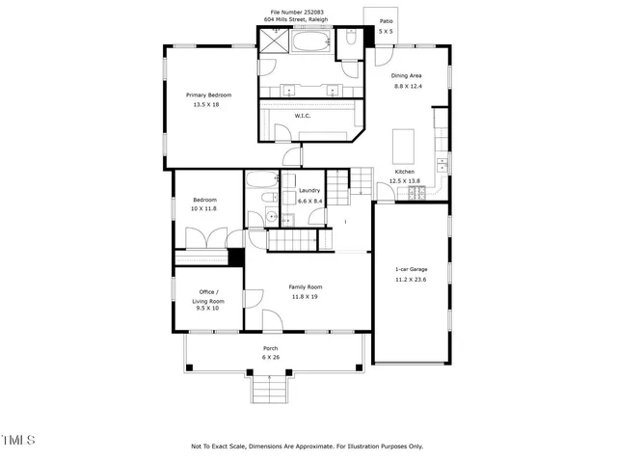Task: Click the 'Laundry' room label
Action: [309, 191]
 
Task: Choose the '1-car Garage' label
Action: [411, 269]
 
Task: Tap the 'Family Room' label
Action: [306, 287]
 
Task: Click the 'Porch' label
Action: [271, 348]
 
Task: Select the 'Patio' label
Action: [386, 20]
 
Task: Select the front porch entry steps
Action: [271, 390]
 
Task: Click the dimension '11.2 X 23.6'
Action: [411, 279]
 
